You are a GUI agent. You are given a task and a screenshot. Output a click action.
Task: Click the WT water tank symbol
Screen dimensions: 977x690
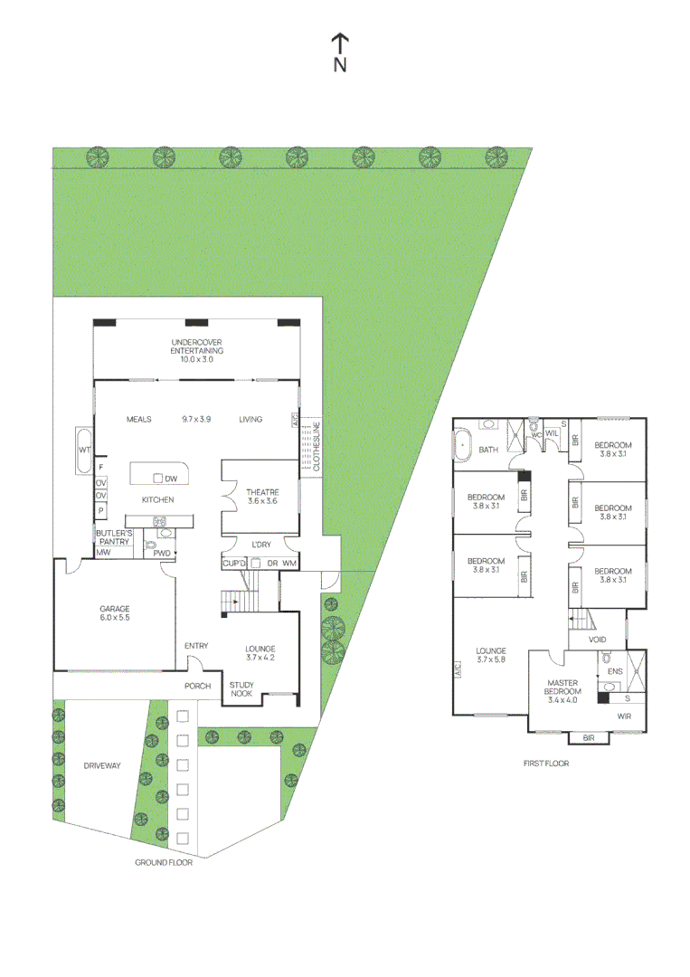tap(84, 450)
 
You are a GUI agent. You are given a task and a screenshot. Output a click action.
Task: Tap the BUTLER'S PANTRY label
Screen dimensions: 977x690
tap(115, 537)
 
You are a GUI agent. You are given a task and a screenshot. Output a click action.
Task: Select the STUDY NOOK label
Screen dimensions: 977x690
tap(241, 689)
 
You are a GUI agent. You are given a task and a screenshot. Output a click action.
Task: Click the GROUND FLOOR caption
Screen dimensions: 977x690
tap(164, 863)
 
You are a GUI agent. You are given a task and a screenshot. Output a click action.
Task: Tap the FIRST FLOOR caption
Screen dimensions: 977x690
tap(546, 764)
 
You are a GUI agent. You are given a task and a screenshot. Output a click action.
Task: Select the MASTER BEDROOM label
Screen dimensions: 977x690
tap(561, 688)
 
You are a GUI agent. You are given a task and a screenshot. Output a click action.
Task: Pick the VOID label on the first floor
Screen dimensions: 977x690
tap(597, 639)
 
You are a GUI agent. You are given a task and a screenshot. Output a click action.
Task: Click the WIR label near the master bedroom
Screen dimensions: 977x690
tap(623, 716)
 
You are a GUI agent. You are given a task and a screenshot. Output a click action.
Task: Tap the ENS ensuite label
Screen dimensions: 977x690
tap(615, 671)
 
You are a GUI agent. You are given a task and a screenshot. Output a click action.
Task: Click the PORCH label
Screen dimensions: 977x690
tap(197, 686)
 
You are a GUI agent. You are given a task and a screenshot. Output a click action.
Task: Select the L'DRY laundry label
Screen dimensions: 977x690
tap(260, 545)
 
